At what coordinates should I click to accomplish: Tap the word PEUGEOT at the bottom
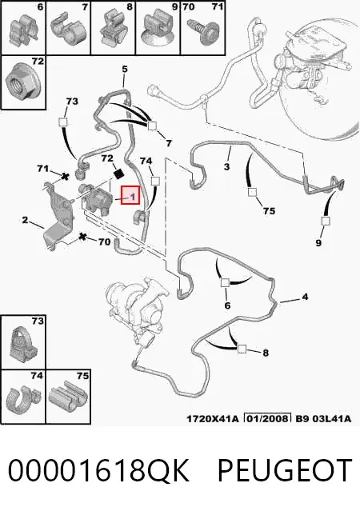285,470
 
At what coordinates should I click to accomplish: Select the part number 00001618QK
98,471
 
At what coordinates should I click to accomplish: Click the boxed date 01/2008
268,418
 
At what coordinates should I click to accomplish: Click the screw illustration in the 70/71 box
201,32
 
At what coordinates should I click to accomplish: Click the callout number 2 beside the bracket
25,220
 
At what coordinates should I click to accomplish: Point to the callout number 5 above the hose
125,70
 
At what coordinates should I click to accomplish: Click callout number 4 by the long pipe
305,297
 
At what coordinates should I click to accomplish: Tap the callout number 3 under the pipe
227,167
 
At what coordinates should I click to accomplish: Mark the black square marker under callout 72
118,174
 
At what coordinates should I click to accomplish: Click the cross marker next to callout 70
83,237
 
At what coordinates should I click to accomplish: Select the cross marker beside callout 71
66,177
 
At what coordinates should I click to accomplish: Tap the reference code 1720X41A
212,419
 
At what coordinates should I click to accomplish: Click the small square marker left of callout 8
242,349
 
